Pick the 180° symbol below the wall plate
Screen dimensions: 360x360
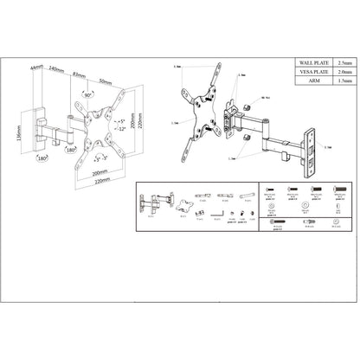coord(42,159)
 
